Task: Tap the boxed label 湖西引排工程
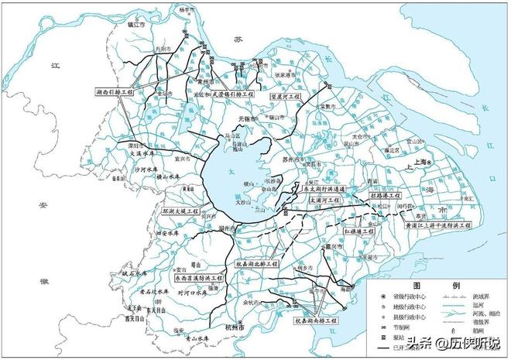pyautogui.click(x=117, y=91)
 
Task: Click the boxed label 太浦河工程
pyautogui.click(x=324, y=200)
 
